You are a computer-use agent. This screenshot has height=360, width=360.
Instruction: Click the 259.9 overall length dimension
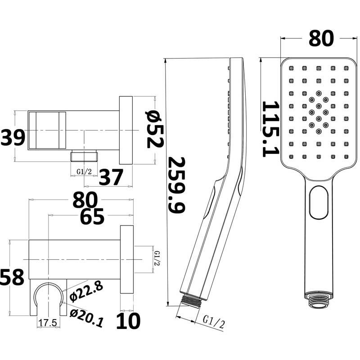point(177,184)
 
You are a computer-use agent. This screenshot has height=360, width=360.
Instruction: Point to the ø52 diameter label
point(154,129)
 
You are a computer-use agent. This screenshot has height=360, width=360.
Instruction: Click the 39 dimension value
point(13,137)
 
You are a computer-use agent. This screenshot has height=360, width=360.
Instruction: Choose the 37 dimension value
point(111,177)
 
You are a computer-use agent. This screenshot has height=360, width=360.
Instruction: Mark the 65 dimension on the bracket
point(92,217)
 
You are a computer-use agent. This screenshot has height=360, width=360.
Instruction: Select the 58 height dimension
point(12,277)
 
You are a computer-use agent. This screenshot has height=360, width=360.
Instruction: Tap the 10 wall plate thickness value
point(128,321)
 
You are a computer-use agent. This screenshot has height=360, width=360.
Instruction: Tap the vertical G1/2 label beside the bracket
point(157,258)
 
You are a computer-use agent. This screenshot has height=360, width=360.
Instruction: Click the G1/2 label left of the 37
point(84,171)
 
